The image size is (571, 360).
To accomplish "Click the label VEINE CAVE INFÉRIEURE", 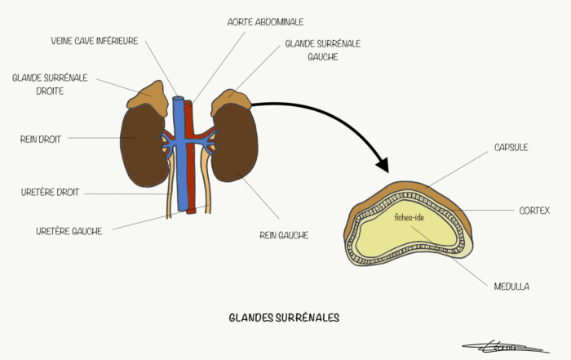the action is pos(95,41).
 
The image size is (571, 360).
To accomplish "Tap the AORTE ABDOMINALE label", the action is pos(265,22).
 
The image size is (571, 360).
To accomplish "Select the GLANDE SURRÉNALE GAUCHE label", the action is pos(323,51).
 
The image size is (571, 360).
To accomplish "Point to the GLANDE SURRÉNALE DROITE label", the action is pos(50,84).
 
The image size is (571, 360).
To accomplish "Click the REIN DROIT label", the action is pos(41,140).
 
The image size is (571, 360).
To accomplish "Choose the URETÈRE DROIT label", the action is pos(50,193).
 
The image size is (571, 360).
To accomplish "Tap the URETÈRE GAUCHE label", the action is pos(69,231).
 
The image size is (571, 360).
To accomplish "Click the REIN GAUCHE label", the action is pos(284,235).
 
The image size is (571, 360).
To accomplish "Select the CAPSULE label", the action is pos(511,147).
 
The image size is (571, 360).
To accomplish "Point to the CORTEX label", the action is pos(534,211).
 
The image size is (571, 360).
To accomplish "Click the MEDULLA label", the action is pos(511,287).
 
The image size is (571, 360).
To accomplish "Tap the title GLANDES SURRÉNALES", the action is pos(284,318).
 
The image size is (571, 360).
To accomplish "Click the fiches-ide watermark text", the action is pos(409,217).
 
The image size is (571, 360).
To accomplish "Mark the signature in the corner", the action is pos(507,347).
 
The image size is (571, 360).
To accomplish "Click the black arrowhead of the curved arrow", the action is pos(383,165).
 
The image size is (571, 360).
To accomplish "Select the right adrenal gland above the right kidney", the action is pos(148,98).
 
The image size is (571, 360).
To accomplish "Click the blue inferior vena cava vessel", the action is pos(180,153).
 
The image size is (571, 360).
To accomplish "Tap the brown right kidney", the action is pos(143,146).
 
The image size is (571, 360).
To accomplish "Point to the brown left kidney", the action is pos(236,143).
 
